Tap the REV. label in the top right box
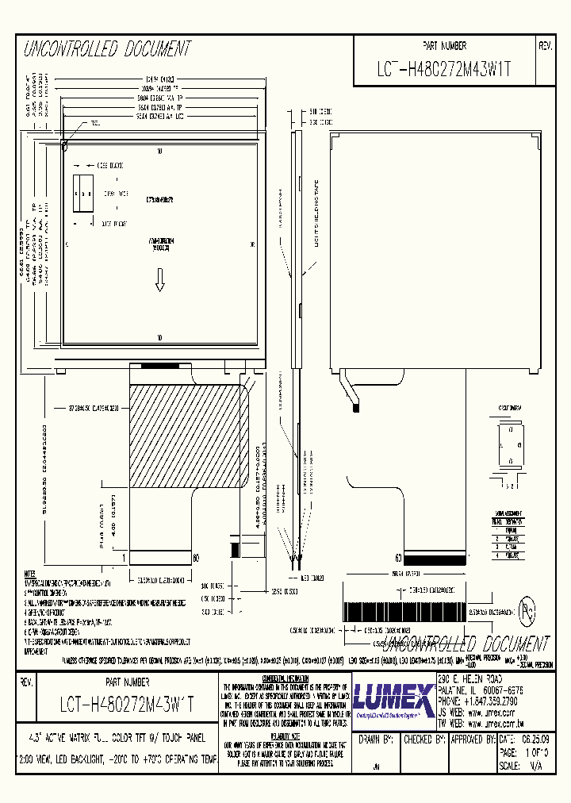coord(545,47)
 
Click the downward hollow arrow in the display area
coord(159,279)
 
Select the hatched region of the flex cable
coord(189,436)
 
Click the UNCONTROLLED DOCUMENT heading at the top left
coord(108,49)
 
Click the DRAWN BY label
coord(376,740)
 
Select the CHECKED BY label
coord(422,740)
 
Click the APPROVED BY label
coord(472,740)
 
